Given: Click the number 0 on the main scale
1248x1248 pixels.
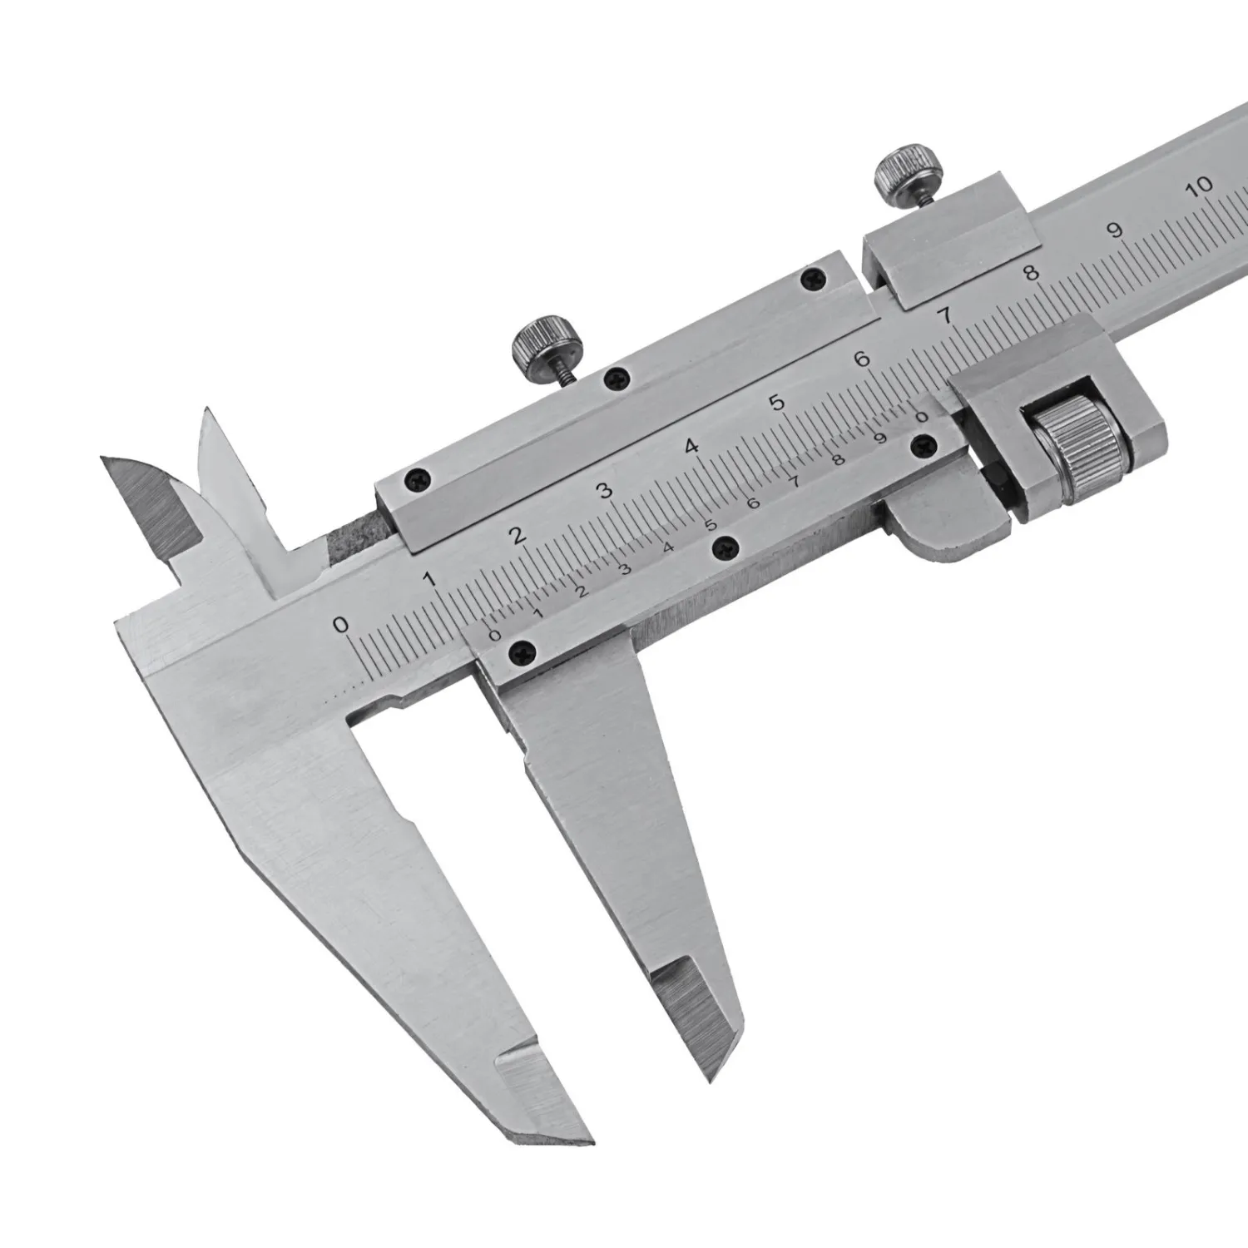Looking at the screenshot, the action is pyautogui.click(x=339, y=624).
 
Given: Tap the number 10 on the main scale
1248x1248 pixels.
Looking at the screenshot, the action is pyautogui.click(x=1201, y=186).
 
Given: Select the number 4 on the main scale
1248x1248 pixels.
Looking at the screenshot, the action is pyautogui.click(x=691, y=446).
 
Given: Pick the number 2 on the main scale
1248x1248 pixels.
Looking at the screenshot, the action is pyautogui.click(x=519, y=535).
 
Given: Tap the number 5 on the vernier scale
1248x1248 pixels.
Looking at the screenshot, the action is pyautogui.click(x=711, y=526).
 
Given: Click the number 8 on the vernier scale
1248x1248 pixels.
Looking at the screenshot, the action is pyautogui.click(x=839, y=459).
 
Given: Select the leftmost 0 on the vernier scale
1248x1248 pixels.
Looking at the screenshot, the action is pyautogui.click(x=496, y=636).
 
